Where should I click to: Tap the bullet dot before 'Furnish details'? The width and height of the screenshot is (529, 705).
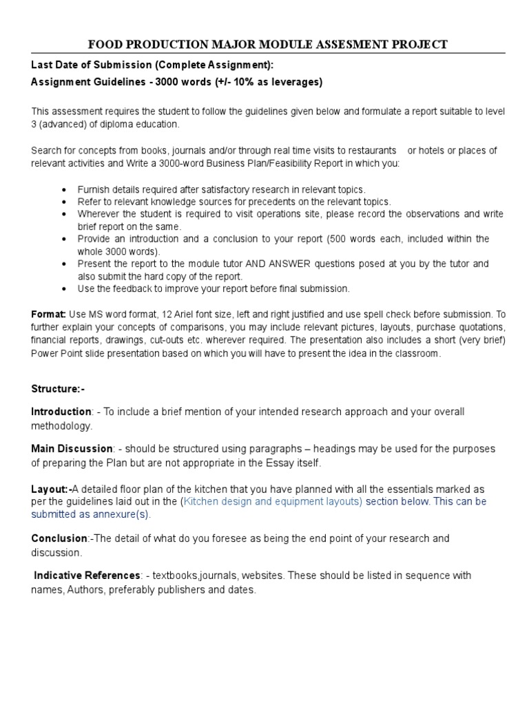point(64,189)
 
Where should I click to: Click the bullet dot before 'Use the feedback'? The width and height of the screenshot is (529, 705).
point(64,288)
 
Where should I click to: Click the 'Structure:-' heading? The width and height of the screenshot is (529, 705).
point(57,389)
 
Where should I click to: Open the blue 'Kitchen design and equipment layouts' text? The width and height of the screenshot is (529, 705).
point(271,501)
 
